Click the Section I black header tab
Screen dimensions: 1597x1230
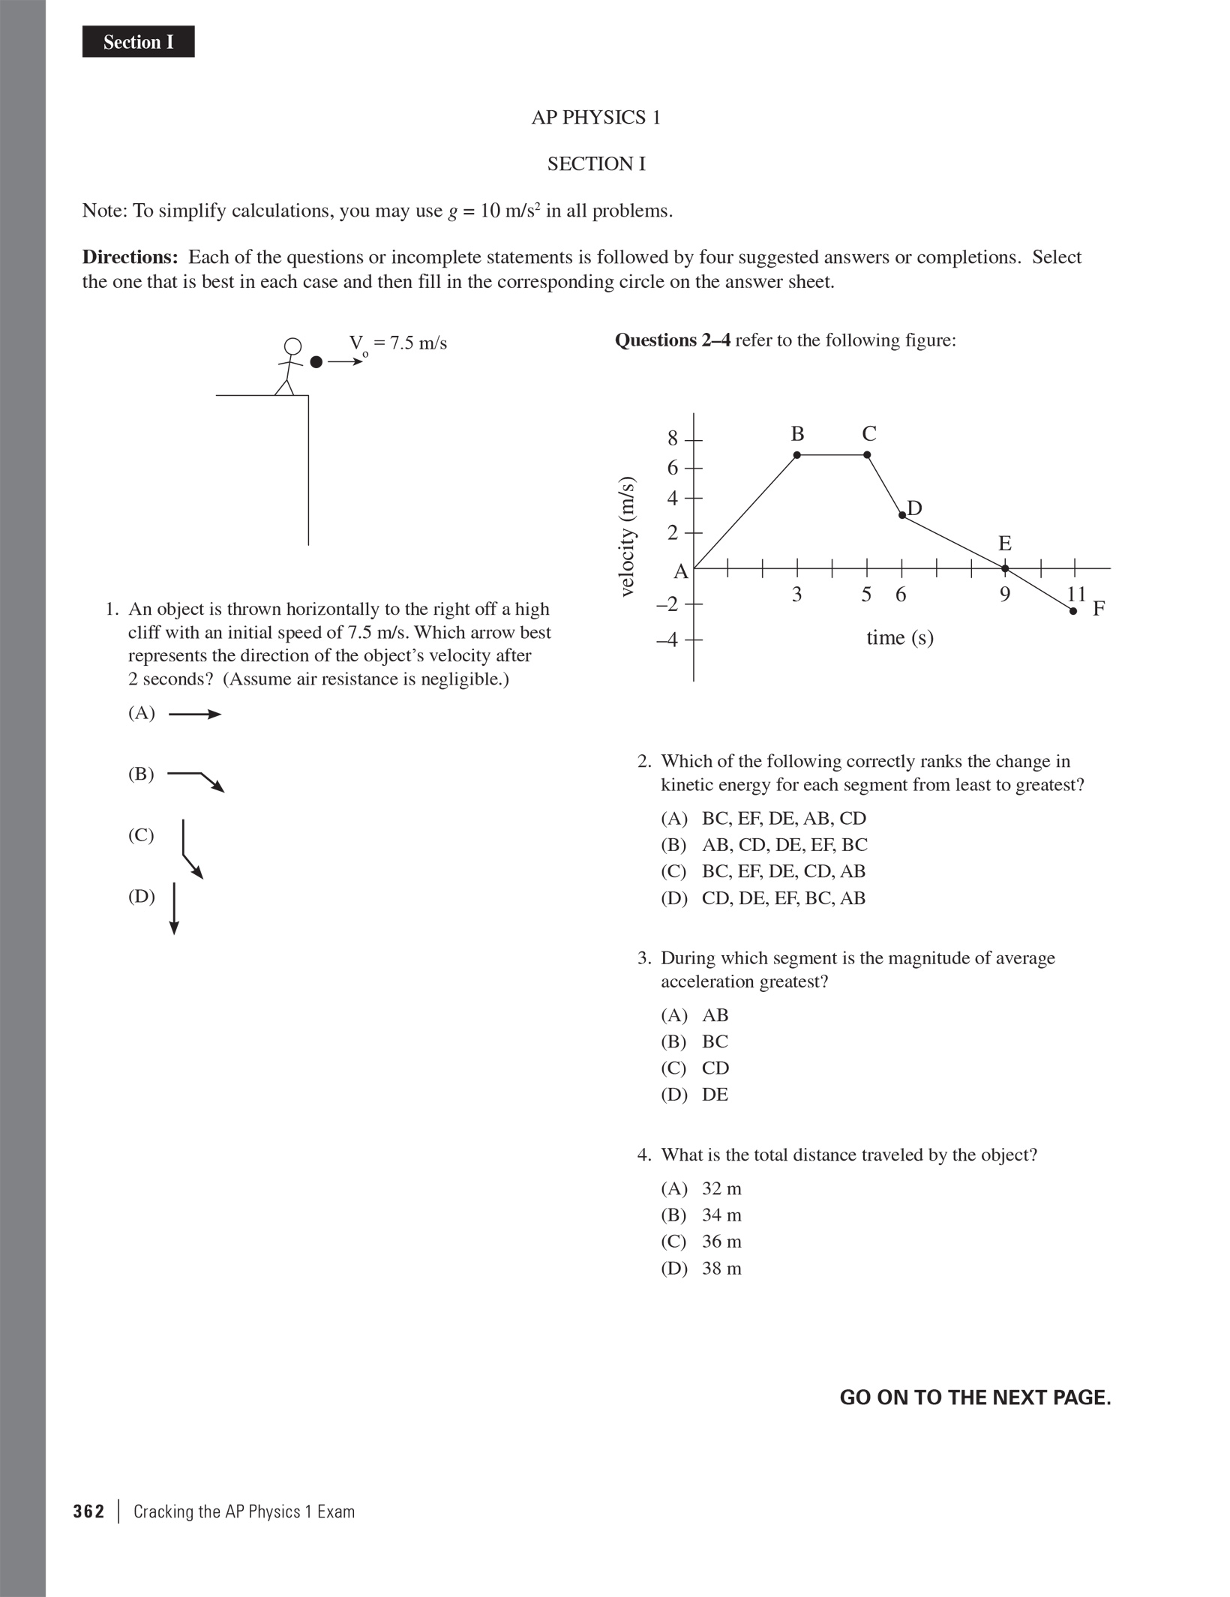tap(138, 42)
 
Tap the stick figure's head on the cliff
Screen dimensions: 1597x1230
tap(292, 346)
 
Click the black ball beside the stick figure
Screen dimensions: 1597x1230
tap(316, 362)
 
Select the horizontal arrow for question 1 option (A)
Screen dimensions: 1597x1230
tap(194, 715)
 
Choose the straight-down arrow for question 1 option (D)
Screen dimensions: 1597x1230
tap(174, 909)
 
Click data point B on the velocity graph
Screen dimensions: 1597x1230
tap(796, 455)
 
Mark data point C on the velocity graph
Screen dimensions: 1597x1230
tap(867, 455)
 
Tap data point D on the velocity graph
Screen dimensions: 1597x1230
tap(902, 515)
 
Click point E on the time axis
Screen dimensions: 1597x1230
tap(1005, 568)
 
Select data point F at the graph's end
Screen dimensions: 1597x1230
tap(1073, 612)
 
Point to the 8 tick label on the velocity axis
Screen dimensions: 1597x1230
tap(673, 439)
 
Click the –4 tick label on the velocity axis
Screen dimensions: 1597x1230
tap(667, 640)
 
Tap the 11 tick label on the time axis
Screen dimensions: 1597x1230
tap(1076, 594)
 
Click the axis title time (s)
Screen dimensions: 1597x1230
tap(900, 638)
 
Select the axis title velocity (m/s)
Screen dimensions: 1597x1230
tap(628, 537)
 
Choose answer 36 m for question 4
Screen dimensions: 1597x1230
tap(721, 1242)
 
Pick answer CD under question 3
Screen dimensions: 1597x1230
tap(715, 1068)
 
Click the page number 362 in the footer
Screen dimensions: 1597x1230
tap(88, 1512)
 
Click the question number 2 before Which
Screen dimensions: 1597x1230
tap(643, 762)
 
